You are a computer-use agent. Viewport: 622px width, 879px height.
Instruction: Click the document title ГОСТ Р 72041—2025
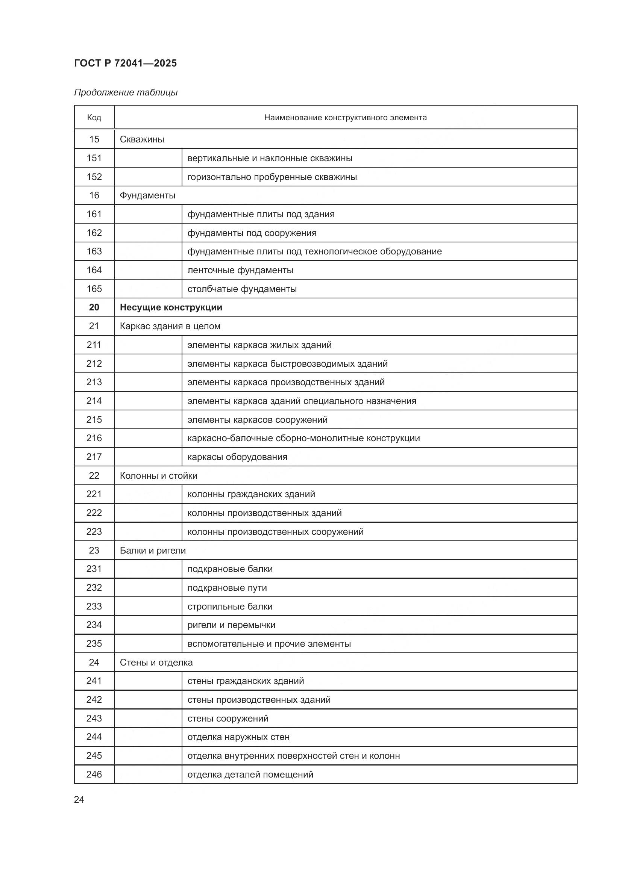click(125, 63)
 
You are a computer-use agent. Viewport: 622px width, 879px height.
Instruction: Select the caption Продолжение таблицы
click(126, 92)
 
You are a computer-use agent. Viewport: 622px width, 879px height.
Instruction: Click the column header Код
click(94, 118)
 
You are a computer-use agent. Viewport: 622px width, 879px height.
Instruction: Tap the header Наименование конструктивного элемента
click(345, 118)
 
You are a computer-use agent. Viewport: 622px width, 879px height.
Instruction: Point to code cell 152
click(94, 177)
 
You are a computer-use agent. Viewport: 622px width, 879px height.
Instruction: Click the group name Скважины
click(142, 139)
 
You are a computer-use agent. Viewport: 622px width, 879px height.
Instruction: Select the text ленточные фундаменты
click(240, 270)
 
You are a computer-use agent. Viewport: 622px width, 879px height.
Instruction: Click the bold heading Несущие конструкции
click(171, 307)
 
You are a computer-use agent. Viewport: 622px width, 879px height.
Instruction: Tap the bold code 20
click(94, 307)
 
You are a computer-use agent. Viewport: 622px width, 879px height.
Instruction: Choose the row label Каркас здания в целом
click(170, 326)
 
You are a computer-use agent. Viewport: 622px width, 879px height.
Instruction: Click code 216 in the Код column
click(94, 438)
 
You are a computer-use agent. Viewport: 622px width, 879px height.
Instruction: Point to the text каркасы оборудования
click(237, 457)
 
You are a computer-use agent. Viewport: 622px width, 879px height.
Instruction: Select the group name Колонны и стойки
click(159, 475)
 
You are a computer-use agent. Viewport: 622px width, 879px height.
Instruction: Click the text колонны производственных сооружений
click(275, 532)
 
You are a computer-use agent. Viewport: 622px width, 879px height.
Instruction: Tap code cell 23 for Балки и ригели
click(94, 550)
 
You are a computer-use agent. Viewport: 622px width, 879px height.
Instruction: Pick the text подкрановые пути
click(227, 588)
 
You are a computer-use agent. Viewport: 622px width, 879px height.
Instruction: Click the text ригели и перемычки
click(231, 625)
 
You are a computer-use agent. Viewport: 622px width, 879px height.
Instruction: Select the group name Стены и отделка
click(156, 662)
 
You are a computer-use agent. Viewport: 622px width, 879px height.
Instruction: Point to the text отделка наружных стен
click(238, 737)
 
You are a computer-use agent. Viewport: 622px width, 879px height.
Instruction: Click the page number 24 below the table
click(79, 799)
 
